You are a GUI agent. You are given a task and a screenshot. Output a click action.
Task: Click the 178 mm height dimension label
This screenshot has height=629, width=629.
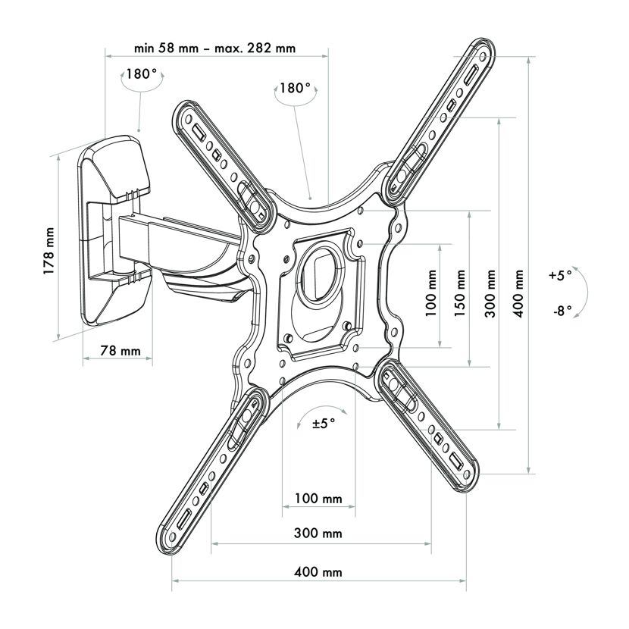[49, 251]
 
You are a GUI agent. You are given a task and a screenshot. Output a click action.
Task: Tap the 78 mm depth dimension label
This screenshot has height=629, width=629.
[120, 351]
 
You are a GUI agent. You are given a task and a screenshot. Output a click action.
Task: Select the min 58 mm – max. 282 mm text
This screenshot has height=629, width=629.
[215, 49]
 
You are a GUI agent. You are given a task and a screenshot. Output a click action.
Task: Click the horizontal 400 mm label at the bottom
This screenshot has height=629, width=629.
[318, 571]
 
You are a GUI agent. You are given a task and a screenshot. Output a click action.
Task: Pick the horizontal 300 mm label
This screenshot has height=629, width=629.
[318, 533]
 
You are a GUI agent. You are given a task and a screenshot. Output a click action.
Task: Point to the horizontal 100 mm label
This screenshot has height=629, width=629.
[318, 499]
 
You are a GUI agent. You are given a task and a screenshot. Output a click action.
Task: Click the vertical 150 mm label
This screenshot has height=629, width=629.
[460, 293]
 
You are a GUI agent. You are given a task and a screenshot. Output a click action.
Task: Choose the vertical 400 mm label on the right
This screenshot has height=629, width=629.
[518, 293]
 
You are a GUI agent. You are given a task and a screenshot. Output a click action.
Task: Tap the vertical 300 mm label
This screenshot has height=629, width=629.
[490, 293]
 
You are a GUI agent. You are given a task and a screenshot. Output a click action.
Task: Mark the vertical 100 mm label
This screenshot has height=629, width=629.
[430, 293]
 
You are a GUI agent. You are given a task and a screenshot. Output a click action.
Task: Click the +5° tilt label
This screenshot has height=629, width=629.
[560, 276]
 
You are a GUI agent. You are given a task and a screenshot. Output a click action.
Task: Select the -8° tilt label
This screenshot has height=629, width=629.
[562, 311]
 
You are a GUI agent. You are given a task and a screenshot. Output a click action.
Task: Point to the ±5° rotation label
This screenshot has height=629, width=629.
[324, 423]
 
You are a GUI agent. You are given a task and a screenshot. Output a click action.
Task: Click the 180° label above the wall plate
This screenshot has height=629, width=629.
[142, 74]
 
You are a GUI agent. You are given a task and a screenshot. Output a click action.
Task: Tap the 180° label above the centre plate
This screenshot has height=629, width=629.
[295, 88]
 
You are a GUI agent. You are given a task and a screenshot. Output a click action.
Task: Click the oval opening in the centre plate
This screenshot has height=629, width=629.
[322, 274]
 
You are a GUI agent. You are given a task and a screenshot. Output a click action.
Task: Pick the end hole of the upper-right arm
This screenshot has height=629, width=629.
[483, 55]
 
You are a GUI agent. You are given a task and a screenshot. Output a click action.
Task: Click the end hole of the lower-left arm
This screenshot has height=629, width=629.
[173, 537]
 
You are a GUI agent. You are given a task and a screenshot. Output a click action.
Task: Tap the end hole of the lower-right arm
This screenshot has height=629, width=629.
[466, 474]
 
